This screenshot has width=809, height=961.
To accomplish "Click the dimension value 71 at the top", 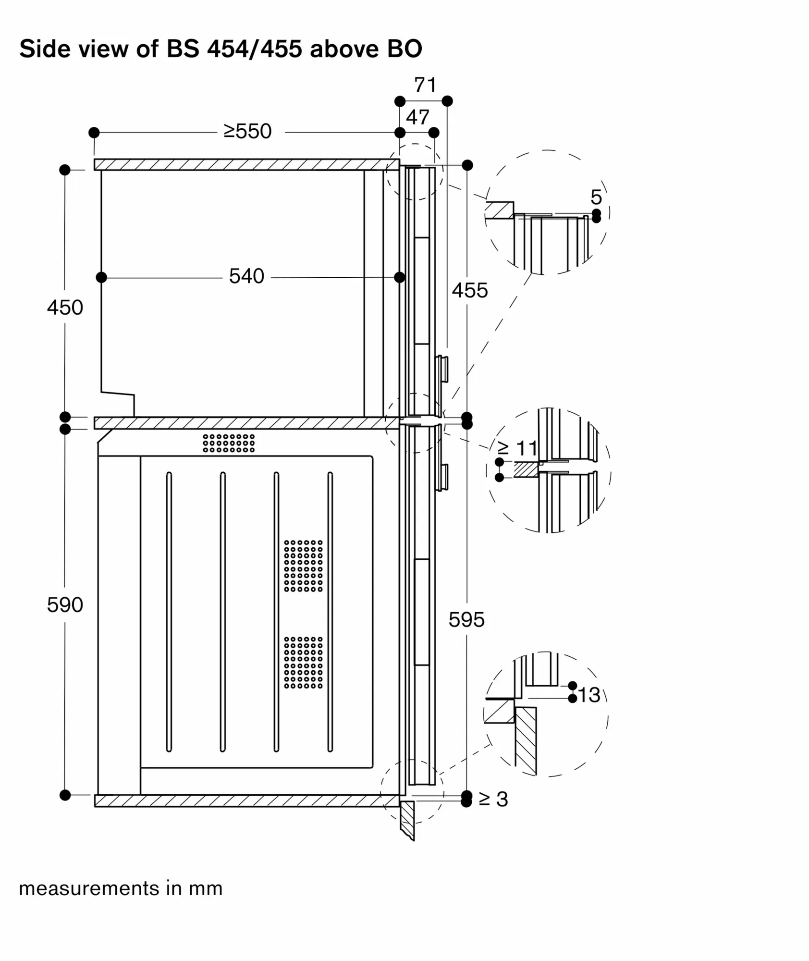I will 425,85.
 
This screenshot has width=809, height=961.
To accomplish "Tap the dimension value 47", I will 417,117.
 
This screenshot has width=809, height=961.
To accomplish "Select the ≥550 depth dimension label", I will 247,131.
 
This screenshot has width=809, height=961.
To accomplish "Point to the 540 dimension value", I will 246,276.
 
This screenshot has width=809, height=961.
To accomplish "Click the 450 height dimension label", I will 65,308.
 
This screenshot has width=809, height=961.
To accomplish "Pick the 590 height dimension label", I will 65,604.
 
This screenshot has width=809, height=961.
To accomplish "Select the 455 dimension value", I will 470,291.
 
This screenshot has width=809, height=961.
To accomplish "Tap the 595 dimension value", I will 466,620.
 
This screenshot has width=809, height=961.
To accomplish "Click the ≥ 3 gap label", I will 493,799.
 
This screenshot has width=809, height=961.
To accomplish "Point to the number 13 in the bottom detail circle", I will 589,695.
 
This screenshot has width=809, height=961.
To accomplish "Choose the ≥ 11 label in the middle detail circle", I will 518,448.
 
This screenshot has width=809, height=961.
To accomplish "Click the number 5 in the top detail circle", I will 596,197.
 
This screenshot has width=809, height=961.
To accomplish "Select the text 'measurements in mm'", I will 121,888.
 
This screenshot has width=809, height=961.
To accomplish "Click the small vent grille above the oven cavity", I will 229,443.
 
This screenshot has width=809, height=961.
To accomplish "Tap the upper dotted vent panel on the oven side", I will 303,566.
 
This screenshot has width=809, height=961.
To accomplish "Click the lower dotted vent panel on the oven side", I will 303,662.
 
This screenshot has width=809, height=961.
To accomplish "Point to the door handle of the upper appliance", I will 442,369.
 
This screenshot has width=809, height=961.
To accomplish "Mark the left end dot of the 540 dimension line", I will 101,277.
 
